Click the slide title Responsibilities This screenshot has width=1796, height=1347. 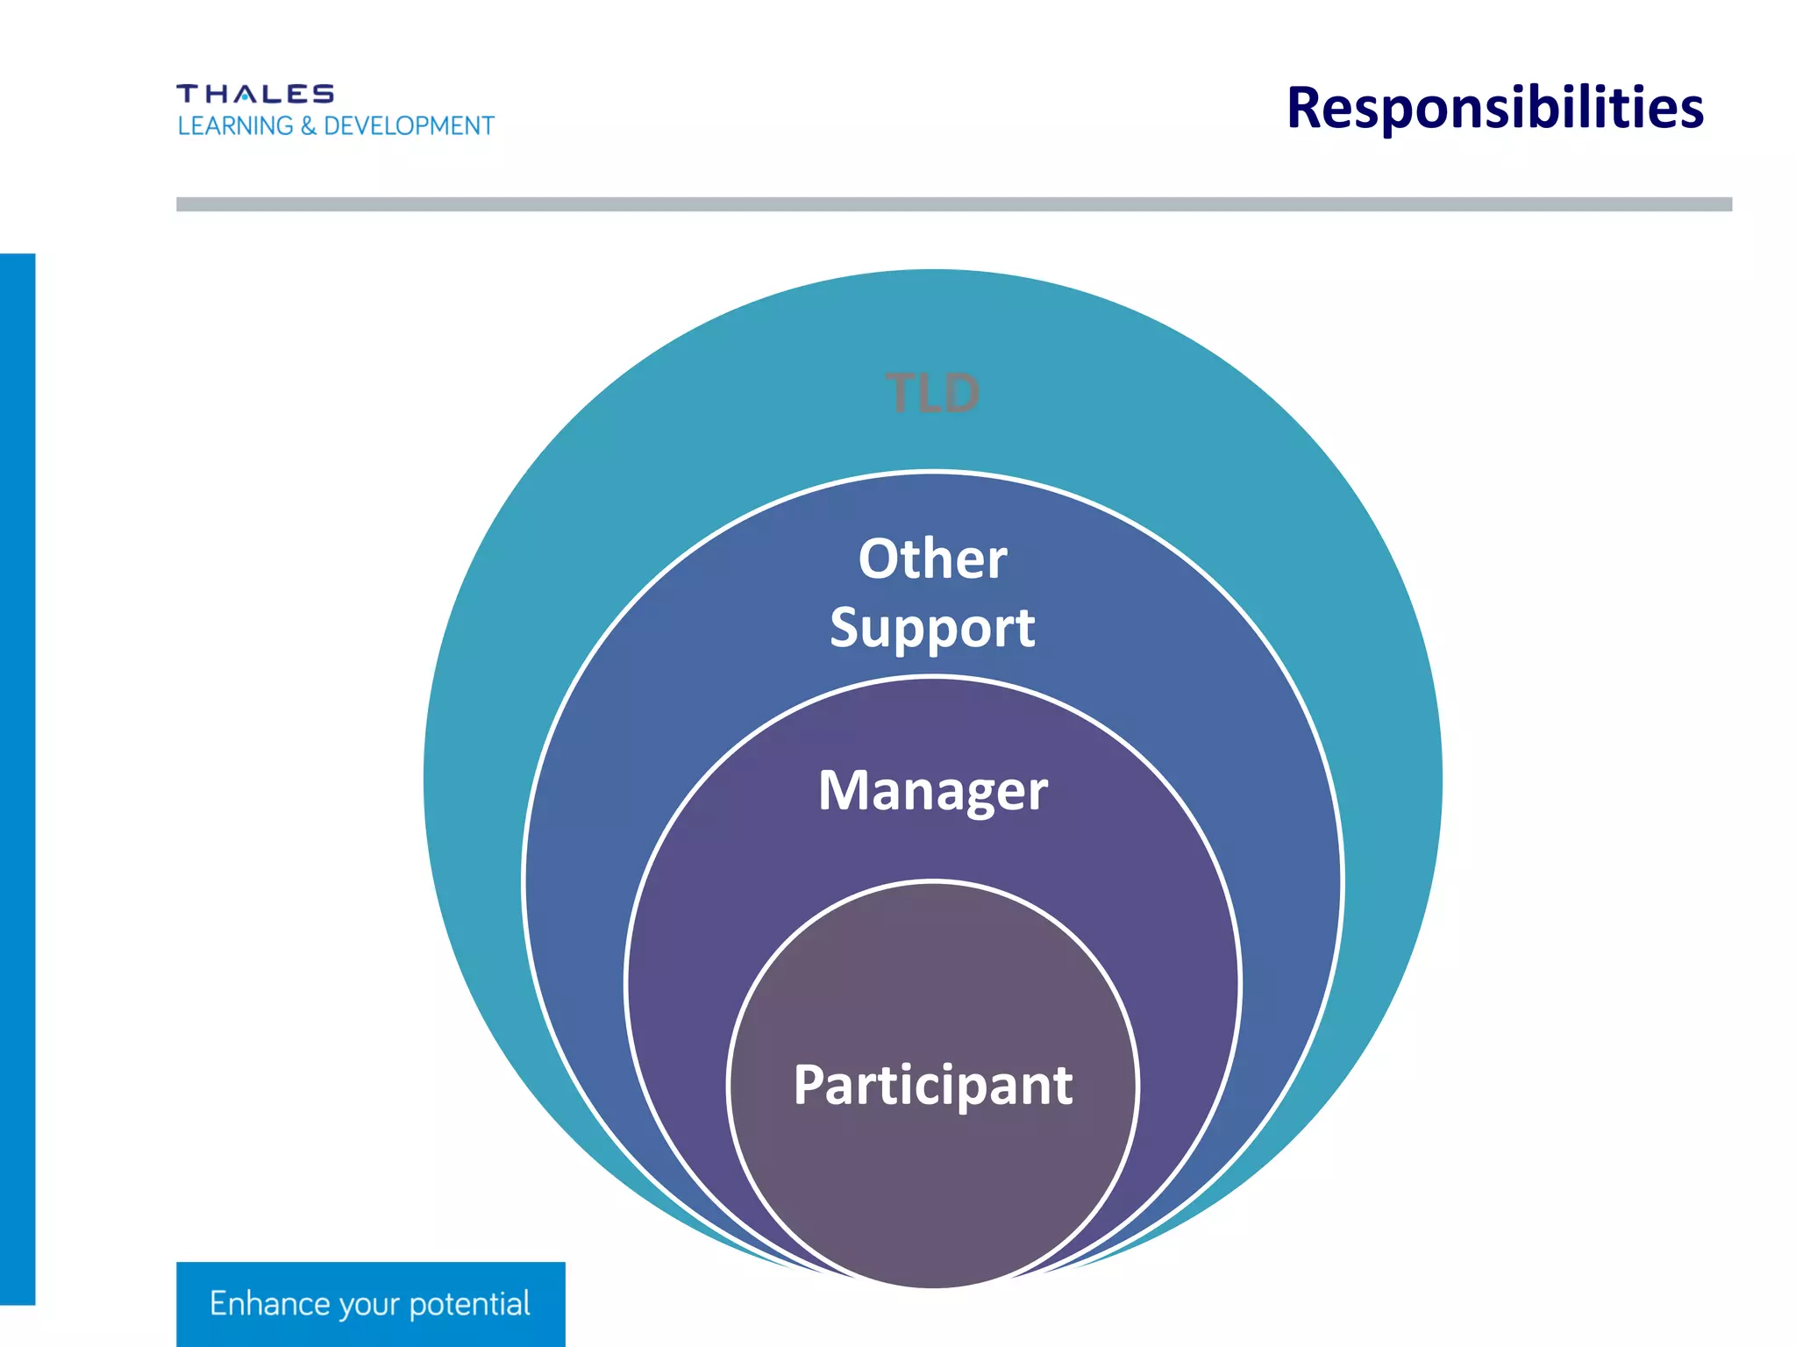click(1494, 108)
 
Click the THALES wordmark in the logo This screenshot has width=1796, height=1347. click(255, 94)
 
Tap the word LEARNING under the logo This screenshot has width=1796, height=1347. click(235, 126)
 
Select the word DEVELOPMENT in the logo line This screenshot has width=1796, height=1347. click(409, 126)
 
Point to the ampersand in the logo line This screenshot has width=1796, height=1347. click(308, 126)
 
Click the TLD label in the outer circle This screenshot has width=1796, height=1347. click(932, 393)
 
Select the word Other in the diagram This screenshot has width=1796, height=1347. click(932, 559)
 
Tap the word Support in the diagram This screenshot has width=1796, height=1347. click(932, 628)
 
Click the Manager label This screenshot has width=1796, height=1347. click(932, 790)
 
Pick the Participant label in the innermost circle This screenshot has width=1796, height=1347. click(932, 1085)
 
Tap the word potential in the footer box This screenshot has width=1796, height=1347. click(469, 1305)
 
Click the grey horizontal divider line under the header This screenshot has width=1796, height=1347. click(953, 204)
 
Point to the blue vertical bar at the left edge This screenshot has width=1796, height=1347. click(18, 779)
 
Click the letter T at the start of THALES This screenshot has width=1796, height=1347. click(187, 94)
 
